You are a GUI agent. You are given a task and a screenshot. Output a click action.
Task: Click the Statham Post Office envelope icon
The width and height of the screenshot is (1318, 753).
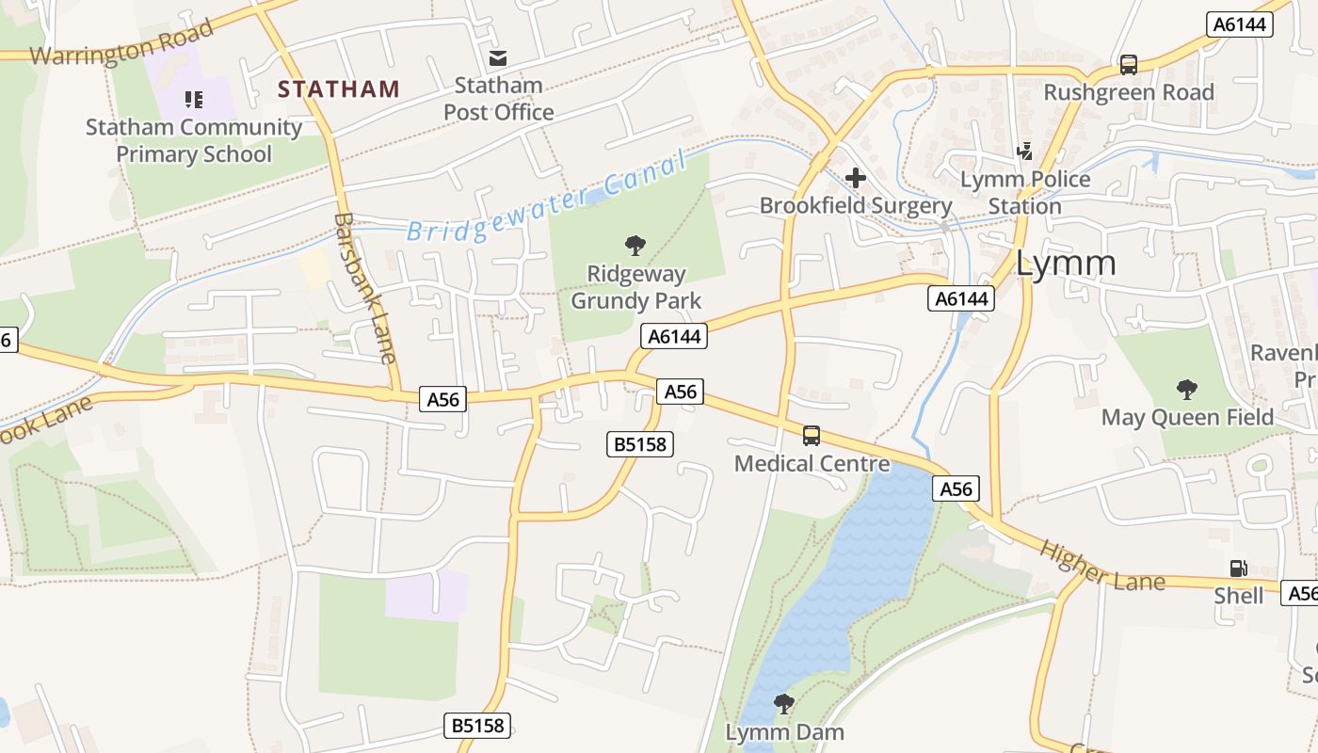click(498, 58)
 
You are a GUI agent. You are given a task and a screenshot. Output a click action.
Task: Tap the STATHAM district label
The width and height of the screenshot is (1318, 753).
click(339, 89)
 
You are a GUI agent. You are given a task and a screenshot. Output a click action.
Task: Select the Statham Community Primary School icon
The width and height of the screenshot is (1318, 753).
click(194, 99)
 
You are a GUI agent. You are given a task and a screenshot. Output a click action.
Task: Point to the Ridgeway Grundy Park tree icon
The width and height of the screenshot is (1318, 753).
click(635, 246)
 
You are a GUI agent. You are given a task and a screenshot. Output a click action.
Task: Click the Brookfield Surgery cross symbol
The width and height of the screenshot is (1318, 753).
click(856, 177)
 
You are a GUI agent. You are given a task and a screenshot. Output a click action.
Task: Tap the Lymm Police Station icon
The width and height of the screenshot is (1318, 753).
click(1025, 151)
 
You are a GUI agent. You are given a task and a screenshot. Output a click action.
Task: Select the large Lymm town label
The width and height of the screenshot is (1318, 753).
click(1066, 264)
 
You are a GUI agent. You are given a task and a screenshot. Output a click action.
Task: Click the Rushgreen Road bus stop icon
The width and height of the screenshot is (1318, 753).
click(1128, 65)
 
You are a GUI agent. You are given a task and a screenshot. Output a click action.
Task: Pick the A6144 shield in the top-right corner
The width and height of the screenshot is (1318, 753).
click(1240, 24)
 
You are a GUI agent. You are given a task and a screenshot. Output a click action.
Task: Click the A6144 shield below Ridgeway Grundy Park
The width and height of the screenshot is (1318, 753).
click(674, 336)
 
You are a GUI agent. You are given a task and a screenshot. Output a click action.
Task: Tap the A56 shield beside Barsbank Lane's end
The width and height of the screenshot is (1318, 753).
click(442, 399)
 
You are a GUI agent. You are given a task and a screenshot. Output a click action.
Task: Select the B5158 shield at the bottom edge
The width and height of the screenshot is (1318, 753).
click(477, 725)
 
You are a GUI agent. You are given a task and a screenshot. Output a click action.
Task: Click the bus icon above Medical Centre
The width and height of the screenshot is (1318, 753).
click(811, 436)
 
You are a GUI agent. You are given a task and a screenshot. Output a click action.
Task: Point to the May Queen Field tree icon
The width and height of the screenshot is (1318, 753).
click(1187, 389)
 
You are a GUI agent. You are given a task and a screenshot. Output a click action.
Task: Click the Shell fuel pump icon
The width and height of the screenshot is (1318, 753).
click(1239, 568)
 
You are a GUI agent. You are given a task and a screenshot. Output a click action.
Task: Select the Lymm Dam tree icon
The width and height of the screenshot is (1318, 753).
click(783, 703)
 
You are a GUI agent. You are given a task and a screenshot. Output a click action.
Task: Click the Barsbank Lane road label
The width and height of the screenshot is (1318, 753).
click(364, 288)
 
